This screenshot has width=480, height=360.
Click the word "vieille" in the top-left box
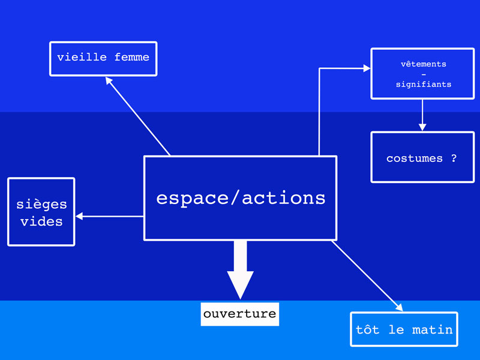(82, 57)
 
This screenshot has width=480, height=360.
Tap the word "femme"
(131, 57)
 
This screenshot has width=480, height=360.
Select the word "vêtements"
(424, 64)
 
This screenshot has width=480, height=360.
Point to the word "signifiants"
(424, 84)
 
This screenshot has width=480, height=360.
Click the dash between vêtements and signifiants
(424, 74)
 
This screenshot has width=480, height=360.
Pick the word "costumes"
(415, 158)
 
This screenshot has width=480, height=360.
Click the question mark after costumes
(454, 158)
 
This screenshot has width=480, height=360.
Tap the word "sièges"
(41, 204)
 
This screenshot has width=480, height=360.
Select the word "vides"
(41, 221)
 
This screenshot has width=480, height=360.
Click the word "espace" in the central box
(192, 199)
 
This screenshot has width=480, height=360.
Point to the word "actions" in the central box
(284, 198)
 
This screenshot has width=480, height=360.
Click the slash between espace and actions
(235, 198)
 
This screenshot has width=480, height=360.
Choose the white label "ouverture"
(239, 314)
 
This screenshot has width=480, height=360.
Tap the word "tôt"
(367, 329)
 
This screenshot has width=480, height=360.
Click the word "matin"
(432, 329)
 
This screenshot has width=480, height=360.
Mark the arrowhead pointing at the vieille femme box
(109, 80)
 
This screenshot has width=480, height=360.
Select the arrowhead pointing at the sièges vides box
(79, 217)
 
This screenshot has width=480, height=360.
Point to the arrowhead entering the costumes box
(422, 127)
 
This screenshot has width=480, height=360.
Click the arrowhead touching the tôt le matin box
(400, 307)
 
